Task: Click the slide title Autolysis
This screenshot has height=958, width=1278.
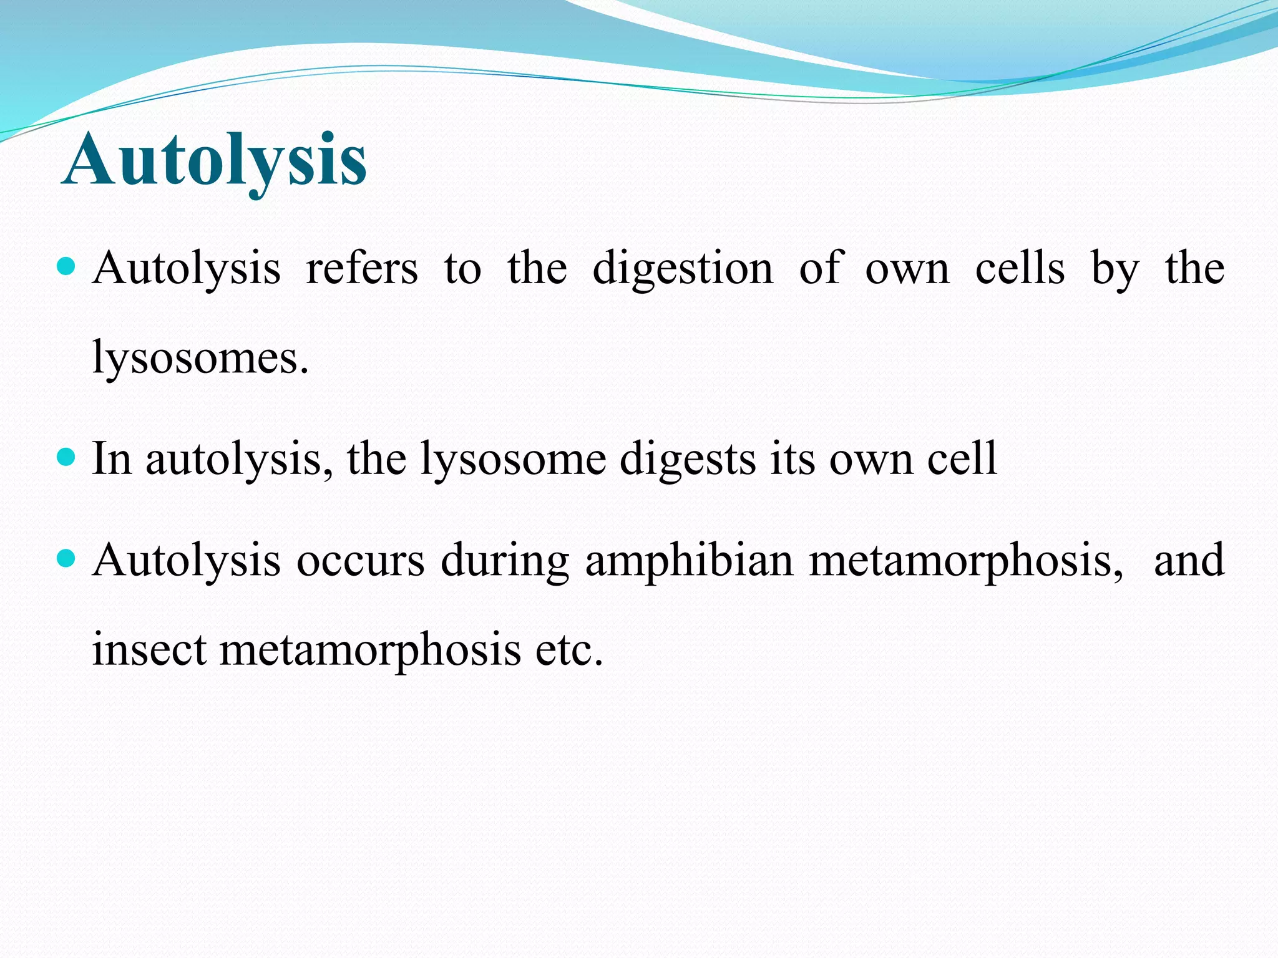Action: click(x=215, y=160)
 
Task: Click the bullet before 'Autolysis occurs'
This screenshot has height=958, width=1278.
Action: click(x=66, y=556)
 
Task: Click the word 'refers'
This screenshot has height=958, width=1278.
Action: click(x=362, y=268)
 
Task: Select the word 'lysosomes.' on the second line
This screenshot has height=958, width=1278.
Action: click(x=200, y=359)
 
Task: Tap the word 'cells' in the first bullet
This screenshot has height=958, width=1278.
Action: click(x=1020, y=268)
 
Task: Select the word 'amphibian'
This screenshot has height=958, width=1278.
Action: click(x=689, y=560)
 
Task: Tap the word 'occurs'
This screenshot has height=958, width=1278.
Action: click(x=360, y=560)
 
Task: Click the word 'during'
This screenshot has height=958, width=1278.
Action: click(x=504, y=560)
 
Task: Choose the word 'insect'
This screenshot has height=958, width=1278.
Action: click(x=149, y=650)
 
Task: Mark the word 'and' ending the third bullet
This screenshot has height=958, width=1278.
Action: click(x=1189, y=559)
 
